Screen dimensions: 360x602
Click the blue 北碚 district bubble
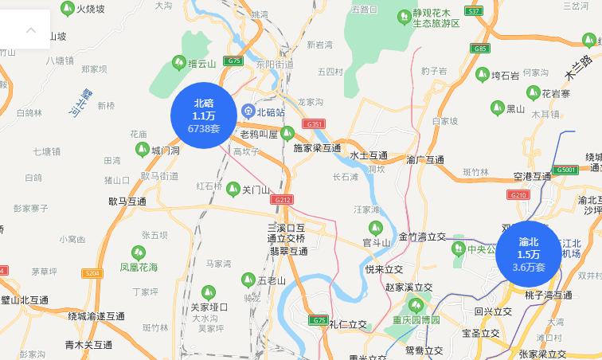pos(204,115)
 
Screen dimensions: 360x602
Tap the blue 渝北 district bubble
pos(529,254)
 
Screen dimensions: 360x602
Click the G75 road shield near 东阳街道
pos(233,61)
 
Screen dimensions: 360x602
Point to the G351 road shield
pos(315,124)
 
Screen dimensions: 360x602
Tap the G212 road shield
pos(283,199)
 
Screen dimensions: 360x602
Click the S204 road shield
pos(92,273)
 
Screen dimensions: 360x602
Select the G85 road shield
pos(479,49)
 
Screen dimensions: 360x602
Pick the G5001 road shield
pos(566,170)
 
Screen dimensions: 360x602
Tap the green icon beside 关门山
pos(233,189)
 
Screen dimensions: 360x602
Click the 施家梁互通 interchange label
pos(317,148)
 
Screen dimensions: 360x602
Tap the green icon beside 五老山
pos(248,280)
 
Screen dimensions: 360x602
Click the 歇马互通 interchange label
pos(127,202)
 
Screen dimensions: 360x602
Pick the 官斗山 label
pos(377,242)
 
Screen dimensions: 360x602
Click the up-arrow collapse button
pos(31,30)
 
